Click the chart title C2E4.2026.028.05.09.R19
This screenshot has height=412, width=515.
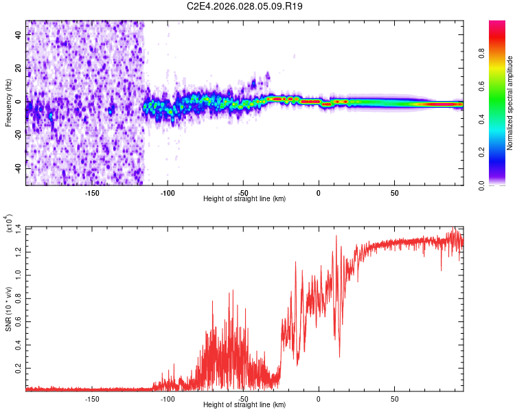pyautogui.click(x=245, y=6)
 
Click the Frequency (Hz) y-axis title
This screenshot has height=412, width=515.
pyautogui.click(x=8, y=103)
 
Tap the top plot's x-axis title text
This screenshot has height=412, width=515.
pyautogui.click(x=244, y=198)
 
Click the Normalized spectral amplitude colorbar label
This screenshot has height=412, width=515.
pyautogui.click(x=510, y=103)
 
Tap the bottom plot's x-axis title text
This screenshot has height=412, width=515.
pyautogui.click(x=244, y=405)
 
